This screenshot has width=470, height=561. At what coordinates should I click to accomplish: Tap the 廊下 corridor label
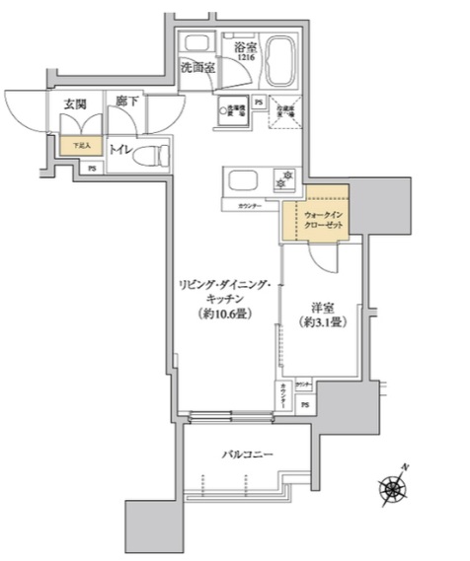(x=125, y=102)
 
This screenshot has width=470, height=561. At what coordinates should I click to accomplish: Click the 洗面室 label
(x=197, y=68)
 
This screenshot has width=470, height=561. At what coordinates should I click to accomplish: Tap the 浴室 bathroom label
(x=246, y=46)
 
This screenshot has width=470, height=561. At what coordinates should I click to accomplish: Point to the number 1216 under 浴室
(x=246, y=59)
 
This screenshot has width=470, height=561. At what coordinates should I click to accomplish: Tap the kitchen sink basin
(x=242, y=180)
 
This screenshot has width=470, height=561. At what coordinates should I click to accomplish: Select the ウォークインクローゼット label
(x=322, y=220)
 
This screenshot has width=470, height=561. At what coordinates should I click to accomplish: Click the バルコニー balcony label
(x=246, y=454)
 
